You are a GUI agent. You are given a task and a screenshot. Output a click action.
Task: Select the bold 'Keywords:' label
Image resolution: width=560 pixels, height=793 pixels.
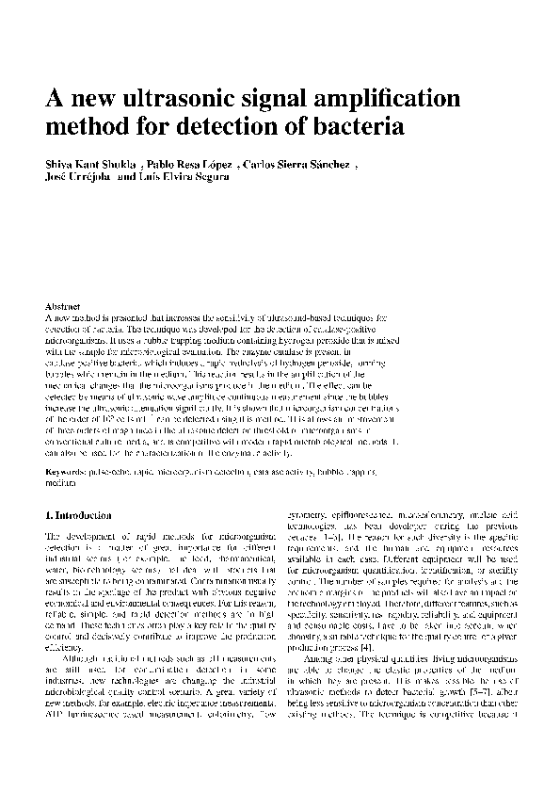coord(69,468)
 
